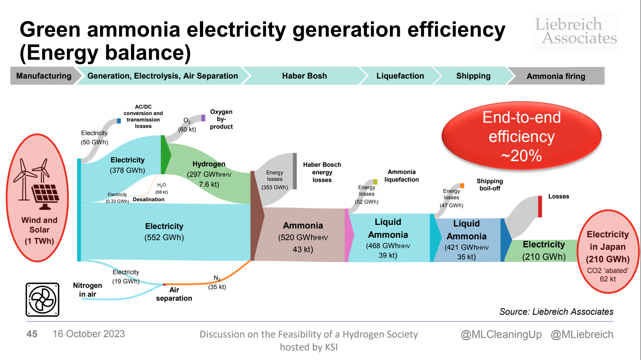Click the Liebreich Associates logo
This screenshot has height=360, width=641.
(x=576, y=30)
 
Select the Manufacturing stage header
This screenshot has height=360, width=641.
(x=43, y=76)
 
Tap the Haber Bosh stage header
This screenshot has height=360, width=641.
(x=304, y=76)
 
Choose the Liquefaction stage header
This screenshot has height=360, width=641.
(x=400, y=76)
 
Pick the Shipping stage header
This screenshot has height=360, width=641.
(x=473, y=76)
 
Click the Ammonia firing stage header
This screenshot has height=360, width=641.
(x=556, y=76)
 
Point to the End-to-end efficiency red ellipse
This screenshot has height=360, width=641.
(x=521, y=136)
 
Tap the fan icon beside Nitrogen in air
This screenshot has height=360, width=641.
(x=42, y=300)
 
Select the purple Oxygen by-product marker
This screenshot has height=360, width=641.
(x=203, y=118)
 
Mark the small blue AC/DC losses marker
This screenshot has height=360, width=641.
(x=119, y=121)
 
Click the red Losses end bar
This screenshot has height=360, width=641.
(x=540, y=206)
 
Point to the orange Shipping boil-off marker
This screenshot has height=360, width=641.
(x=462, y=186)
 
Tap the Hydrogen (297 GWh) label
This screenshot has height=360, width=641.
(x=209, y=174)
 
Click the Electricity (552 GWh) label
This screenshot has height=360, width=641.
(x=164, y=232)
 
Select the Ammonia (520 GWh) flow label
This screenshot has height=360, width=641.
(x=303, y=237)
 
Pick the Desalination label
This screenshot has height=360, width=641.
(x=148, y=199)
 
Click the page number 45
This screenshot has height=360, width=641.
(x=32, y=334)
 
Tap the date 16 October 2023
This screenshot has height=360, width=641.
(x=89, y=334)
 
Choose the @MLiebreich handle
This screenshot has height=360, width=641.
(x=582, y=334)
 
